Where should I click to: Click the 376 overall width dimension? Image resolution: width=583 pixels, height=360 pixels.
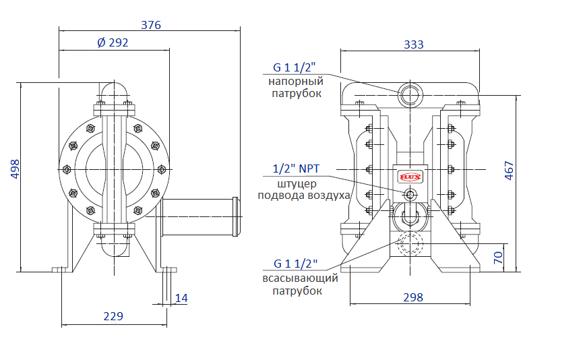(x=151, y=25)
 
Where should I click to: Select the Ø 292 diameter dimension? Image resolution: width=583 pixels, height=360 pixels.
(x=113, y=42)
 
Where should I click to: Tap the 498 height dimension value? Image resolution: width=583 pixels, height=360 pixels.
(x=15, y=169)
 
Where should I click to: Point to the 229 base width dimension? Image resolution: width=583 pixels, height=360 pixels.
(x=113, y=316)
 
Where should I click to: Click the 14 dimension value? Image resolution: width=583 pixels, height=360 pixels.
(x=181, y=298)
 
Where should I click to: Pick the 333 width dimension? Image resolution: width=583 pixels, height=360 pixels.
(x=413, y=44)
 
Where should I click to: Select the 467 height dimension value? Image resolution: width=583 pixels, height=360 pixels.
(x=509, y=171)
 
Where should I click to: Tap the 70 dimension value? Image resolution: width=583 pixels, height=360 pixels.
(x=498, y=258)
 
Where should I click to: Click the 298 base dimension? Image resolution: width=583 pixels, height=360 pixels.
(x=413, y=297)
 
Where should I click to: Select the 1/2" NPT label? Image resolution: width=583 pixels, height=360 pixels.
(x=296, y=169)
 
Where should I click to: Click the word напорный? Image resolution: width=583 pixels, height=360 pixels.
(x=296, y=81)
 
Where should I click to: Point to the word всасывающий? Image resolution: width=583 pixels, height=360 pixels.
(x=301, y=278)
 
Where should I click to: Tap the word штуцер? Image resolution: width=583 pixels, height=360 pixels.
(x=297, y=184)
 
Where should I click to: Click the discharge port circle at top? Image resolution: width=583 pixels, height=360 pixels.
(x=410, y=93)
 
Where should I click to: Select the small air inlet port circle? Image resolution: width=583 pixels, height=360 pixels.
(x=410, y=195)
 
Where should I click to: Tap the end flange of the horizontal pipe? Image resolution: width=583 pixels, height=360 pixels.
(x=236, y=216)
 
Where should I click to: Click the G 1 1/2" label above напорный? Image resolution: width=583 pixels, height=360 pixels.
(x=294, y=67)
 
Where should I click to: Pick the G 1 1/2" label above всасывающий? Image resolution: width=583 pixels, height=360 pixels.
(x=296, y=264)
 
